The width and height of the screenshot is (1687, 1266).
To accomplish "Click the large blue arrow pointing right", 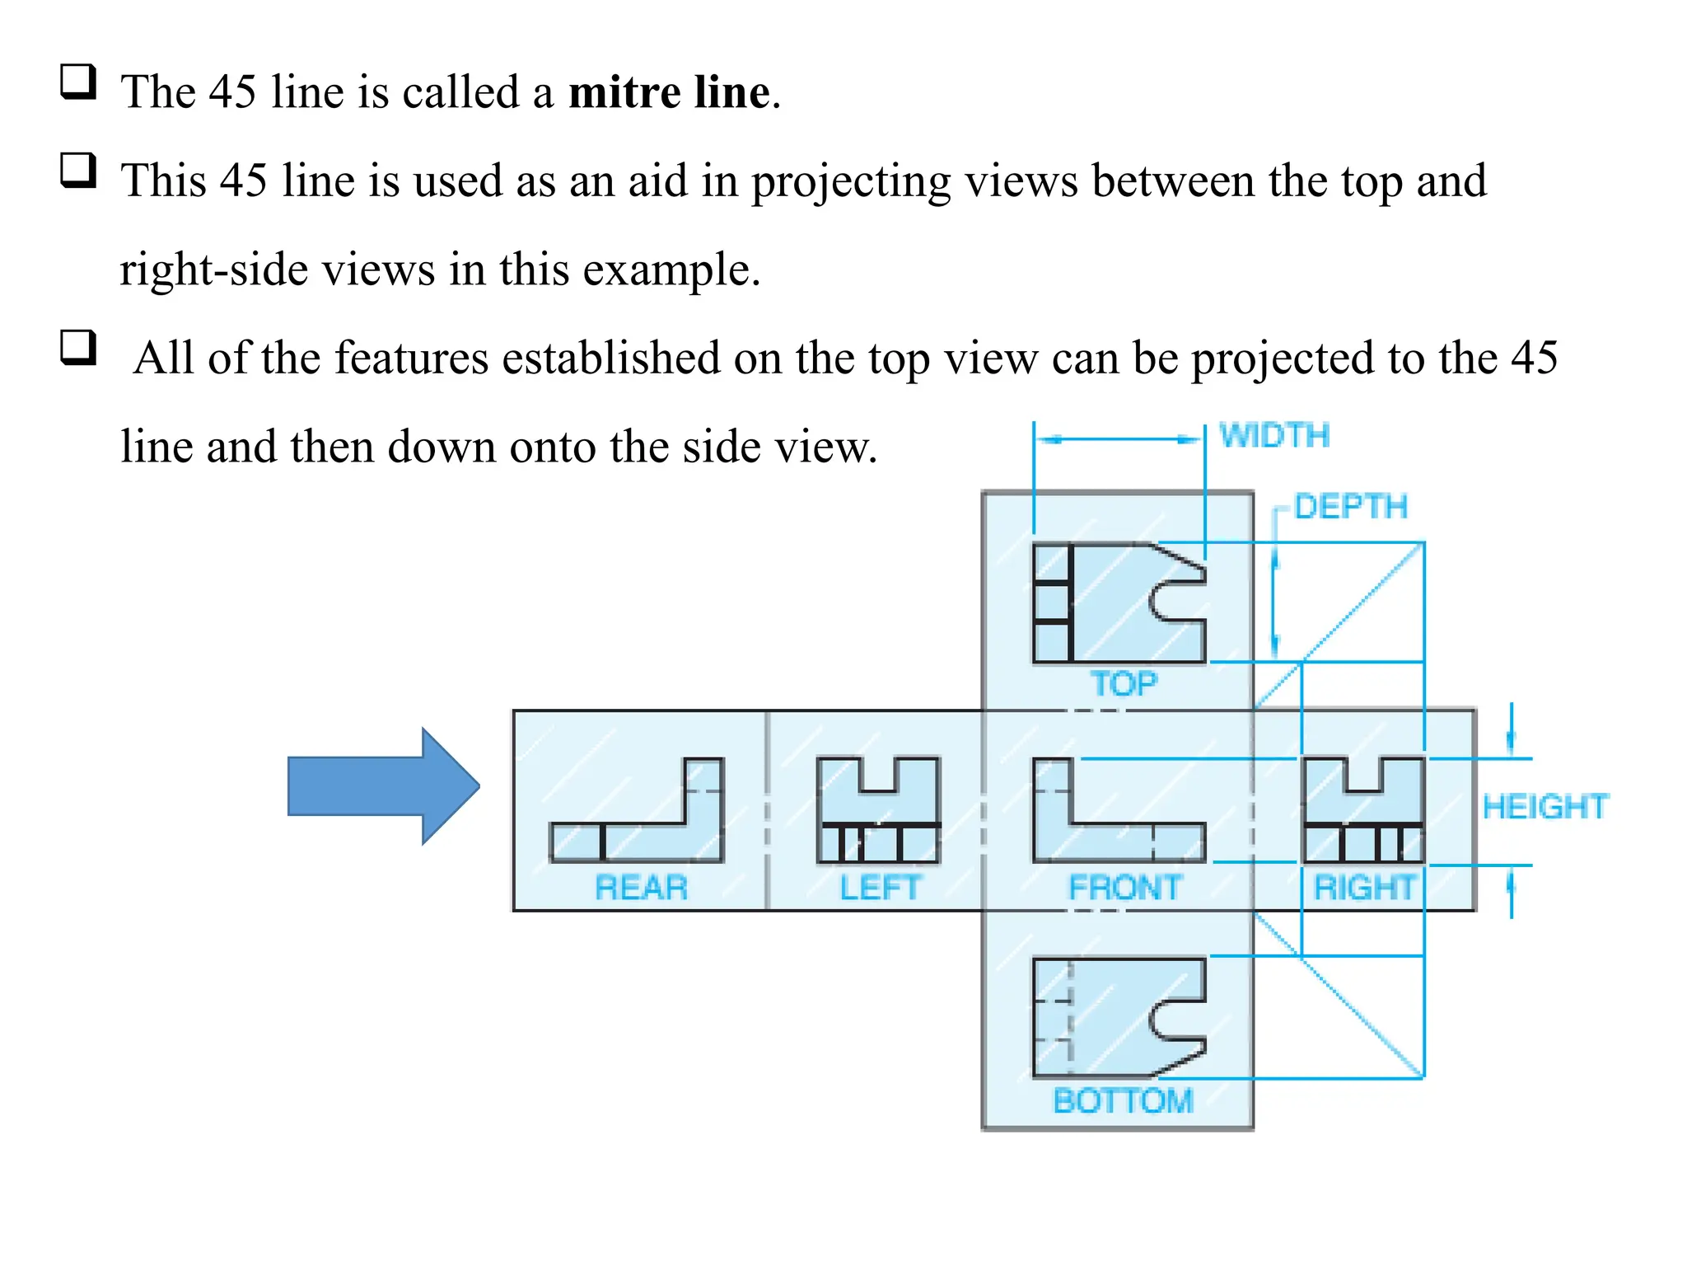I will click(383, 786).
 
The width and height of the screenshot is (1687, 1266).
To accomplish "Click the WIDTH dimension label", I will click(1274, 435).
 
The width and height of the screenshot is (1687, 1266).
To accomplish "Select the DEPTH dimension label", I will click(1350, 506).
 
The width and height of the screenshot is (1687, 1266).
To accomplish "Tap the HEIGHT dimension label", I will click(1544, 806).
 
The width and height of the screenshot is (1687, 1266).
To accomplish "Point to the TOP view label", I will click(1124, 683).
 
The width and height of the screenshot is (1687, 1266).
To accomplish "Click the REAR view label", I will click(641, 888).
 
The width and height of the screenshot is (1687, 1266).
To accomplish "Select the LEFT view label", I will click(879, 888).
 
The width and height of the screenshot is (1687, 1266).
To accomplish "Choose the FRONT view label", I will click(1125, 888).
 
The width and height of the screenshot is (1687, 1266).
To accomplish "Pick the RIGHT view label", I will click(1364, 888).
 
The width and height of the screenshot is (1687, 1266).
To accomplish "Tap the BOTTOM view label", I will click(1123, 1100).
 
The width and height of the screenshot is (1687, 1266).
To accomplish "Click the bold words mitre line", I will click(669, 91).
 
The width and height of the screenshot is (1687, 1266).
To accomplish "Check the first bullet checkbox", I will click(78, 82).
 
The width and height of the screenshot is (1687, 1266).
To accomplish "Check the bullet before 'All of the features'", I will click(78, 348).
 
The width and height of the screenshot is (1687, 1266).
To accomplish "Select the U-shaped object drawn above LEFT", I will click(878, 808).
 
